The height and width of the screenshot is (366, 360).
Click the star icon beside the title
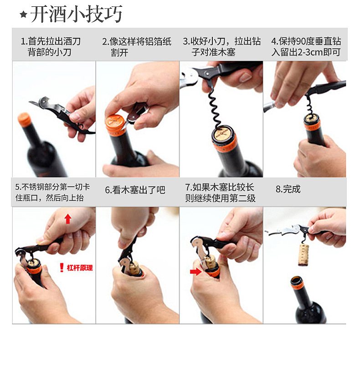(24, 15)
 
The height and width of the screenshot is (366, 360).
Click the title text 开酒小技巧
(77, 14)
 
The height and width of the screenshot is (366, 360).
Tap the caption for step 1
(51, 46)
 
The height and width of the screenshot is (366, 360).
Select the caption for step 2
(136, 46)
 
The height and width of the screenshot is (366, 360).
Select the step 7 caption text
(221, 193)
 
